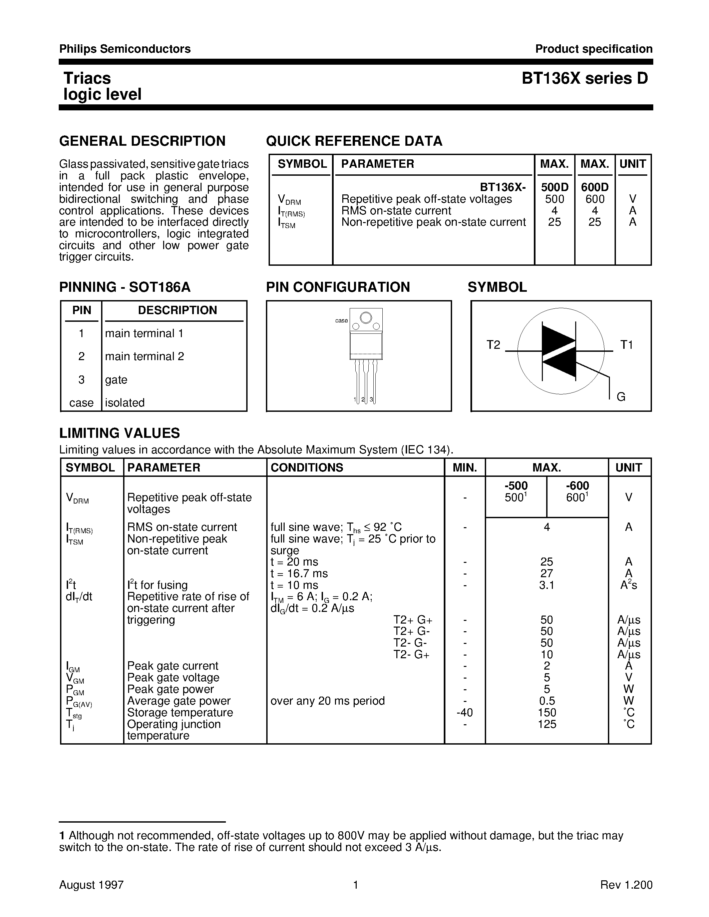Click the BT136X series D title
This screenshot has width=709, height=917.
[585, 78]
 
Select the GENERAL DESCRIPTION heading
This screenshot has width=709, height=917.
[142, 141]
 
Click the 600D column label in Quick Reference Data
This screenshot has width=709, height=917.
[594, 187]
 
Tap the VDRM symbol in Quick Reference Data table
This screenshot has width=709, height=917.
[289, 200]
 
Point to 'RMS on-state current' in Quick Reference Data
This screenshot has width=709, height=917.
[396, 211]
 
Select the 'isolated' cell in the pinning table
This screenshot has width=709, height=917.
[125, 403]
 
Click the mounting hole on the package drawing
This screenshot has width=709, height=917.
[366, 318]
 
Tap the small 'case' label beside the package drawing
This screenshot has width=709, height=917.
[341, 321]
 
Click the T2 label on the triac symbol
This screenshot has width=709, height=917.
[493, 345]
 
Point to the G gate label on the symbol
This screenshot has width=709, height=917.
[621, 397]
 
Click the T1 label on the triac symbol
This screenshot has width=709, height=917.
[626, 345]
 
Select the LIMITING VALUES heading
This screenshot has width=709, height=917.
[120, 433]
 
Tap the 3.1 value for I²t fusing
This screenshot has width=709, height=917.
[547, 585]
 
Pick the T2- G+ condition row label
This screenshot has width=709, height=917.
[411, 655]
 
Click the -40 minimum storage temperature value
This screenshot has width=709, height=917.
[464, 713]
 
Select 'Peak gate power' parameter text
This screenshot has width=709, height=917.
[170, 689]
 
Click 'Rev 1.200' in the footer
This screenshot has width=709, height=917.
[626, 885]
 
